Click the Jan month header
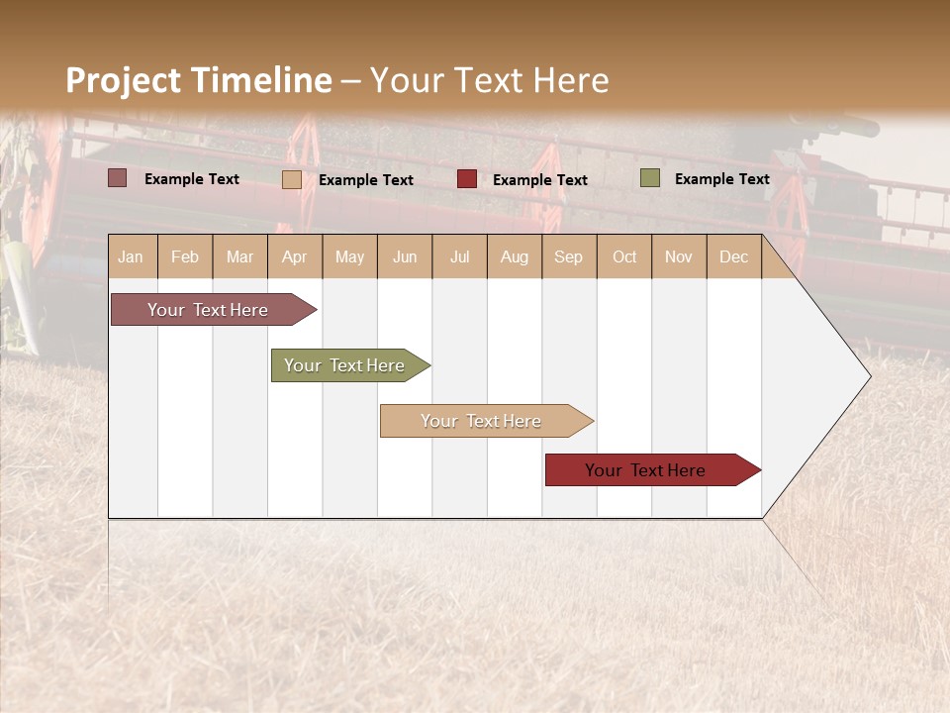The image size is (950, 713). (131, 256)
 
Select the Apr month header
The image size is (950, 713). (294, 256)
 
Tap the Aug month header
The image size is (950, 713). (514, 256)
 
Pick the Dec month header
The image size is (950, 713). (733, 256)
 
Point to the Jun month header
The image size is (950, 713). (405, 256)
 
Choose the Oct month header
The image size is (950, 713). (624, 256)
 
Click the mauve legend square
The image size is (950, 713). (117, 178)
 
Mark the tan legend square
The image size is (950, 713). (292, 179)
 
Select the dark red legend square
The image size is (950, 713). (467, 179)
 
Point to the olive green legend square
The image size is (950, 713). (650, 178)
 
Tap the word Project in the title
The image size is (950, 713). (124, 80)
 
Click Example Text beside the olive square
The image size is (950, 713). (721, 178)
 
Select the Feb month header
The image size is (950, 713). (185, 256)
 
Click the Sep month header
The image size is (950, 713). (568, 256)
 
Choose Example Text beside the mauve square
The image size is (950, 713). (191, 178)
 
